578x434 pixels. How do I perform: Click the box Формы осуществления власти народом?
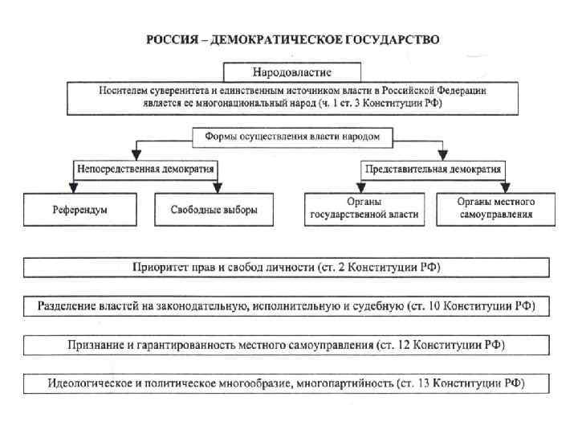[x=292, y=137]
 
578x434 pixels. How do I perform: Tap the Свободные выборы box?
[x=214, y=210]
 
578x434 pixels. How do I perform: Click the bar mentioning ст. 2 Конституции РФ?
[x=287, y=267]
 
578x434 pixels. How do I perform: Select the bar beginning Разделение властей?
[x=287, y=306]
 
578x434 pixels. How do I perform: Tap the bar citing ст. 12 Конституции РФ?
[x=287, y=345]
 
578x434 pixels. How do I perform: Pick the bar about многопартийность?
[x=287, y=383]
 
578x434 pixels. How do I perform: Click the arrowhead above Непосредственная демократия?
[x=137, y=155]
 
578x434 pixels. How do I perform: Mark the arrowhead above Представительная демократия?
[x=441, y=155]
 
